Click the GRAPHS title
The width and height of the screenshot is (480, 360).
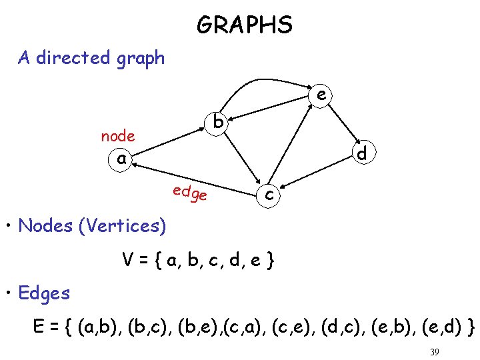pos(244,25)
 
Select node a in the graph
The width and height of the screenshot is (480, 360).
pos(121,159)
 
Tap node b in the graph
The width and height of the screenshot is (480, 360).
pos(218,122)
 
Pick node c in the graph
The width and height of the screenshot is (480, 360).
pos(268,194)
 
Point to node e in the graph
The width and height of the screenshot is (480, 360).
pos(321,96)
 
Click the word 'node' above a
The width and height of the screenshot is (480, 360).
pos(118,136)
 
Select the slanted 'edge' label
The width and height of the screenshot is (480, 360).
pos(190,193)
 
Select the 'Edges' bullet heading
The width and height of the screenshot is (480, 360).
pos(44,293)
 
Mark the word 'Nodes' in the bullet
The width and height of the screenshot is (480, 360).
pos(46,226)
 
